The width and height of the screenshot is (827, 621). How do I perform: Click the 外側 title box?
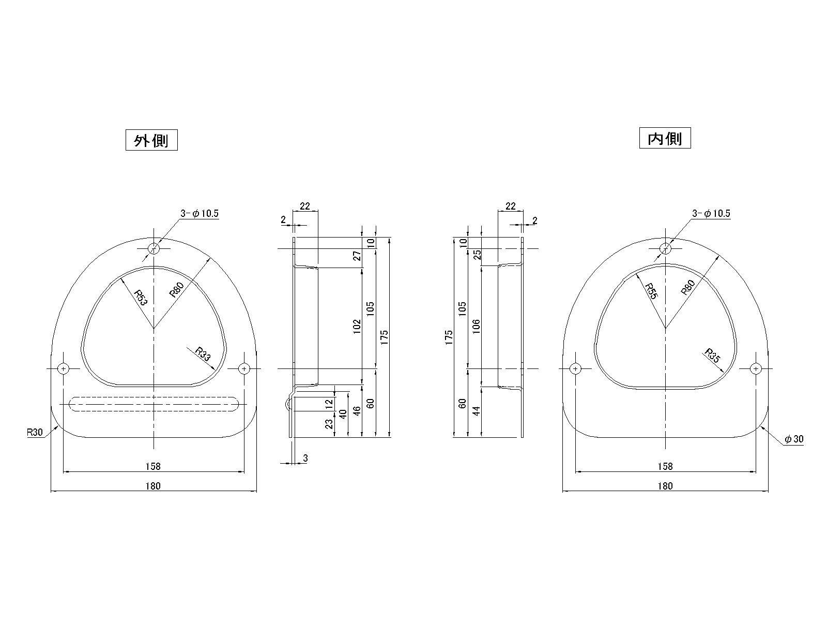[x=151, y=140]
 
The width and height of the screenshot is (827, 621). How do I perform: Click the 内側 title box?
[x=665, y=138]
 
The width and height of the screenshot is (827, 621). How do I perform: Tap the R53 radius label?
[x=141, y=297]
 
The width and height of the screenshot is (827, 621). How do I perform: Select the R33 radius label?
[x=203, y=354]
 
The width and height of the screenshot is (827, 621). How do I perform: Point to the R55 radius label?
[x=651, y=291]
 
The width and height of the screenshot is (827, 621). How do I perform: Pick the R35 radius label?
[x=712, y=356]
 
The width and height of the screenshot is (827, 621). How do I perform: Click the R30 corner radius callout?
[x=35, y=432]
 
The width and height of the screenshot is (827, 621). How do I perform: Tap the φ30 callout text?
[x=794, y=439]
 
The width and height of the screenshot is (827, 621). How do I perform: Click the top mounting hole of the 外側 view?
[x=154, y=248]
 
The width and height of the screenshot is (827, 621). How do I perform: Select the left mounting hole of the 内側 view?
[x=575, y=368]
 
